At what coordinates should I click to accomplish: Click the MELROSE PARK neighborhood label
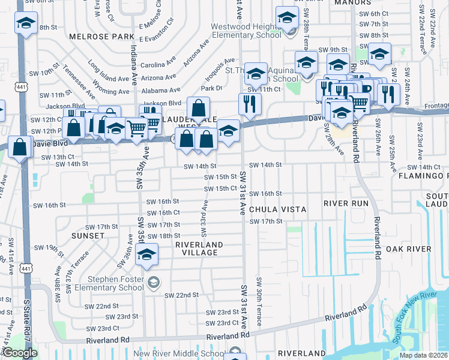pyautogui.click(x=101, y=37)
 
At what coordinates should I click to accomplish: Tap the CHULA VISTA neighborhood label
pyautogui.click(x=277, y=209)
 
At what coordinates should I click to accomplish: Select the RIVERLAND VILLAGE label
pyautogui.click(x=199, y=248)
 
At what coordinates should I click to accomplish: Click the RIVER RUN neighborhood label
pyautogui.click(x=345, y=204)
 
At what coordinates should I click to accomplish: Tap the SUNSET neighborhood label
pyautogui.click(x=88, y=236)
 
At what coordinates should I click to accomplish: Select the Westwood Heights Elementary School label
pyautogui.click(x=246, y=31)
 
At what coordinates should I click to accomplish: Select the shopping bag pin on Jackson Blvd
pyautogui.click(x=198, y=109)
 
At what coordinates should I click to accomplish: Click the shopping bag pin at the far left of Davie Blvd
pyautogui.click(x=20, y=148)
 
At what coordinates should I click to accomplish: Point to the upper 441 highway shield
pyautogui.click(x=20, y=88)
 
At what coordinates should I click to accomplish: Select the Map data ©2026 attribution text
pyautogui.click(x=423, y=355)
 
